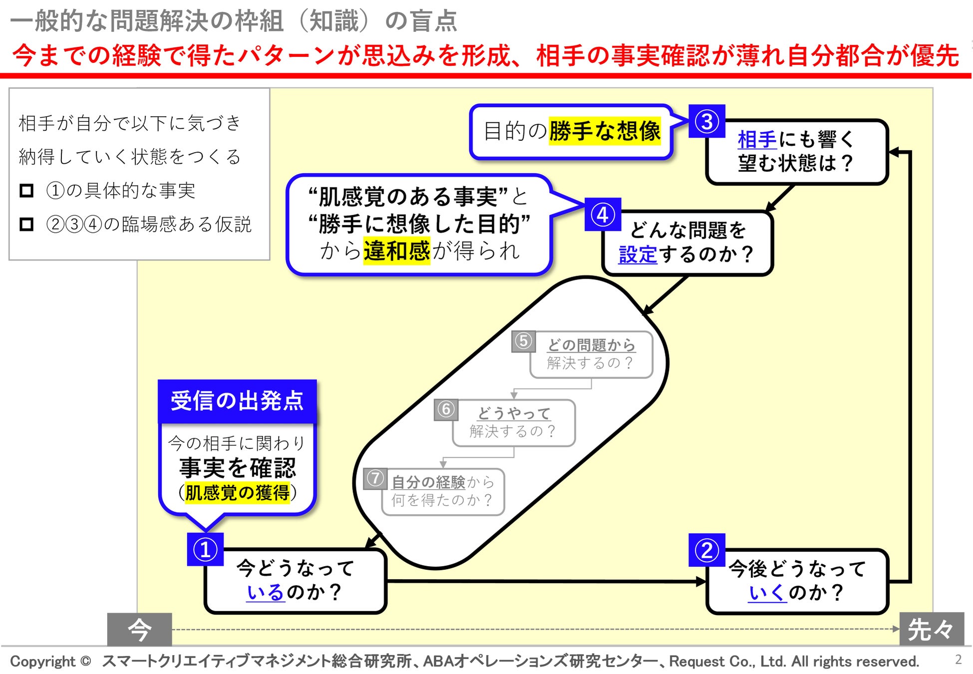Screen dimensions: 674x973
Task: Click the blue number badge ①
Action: [205, 550]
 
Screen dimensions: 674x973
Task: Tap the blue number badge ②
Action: [706, 550]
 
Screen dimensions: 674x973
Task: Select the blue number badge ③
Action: [706, 121]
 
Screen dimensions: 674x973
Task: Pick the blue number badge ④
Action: [603, 215]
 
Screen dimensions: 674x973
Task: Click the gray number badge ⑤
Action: [523, 341]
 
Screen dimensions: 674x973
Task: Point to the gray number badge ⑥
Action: [446, 409]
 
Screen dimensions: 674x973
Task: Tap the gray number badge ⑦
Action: [375, 478]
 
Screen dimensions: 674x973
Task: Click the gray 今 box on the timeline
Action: [139, 629]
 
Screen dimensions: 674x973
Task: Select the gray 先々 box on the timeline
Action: [931, 629]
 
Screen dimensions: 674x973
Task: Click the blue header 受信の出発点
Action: [237, 401]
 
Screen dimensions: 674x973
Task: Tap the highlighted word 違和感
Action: [396, 251]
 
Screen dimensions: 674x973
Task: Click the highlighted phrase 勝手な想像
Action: [605, 131]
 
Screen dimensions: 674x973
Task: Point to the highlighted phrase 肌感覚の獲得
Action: [237, 493]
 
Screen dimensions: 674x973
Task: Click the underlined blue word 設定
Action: [638, 255]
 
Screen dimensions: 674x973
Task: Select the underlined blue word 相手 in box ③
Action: [757, 140]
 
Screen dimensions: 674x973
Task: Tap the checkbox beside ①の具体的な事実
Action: [26, 190]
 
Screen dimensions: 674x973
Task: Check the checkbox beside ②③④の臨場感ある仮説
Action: [26, 224]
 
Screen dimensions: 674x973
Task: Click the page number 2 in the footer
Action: [958, 660]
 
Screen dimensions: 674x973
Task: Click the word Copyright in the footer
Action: [43, 662]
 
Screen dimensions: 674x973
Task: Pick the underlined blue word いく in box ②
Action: [767, 593]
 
